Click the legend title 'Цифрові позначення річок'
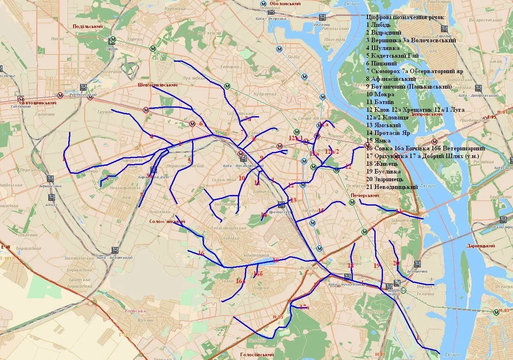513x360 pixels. pyautogui.click(x=406, y=17)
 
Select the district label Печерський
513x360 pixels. pyautogui.click(x=365, y=195)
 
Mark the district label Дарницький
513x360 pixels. pyautogui.click(x=481, y=246)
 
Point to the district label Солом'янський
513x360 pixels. pyautogui.click(x=167, y=221)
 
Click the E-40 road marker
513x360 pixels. pyautogui.click(x=5, y=247)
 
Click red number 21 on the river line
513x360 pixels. pyautogui.click(x=399, y=211)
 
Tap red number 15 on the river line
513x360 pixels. pyautogui.click(x=321, y=210)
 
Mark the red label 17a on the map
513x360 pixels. pyautogui.click(x=304, y=307)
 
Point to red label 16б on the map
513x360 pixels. pyautogui.click(x=259, y=274)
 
